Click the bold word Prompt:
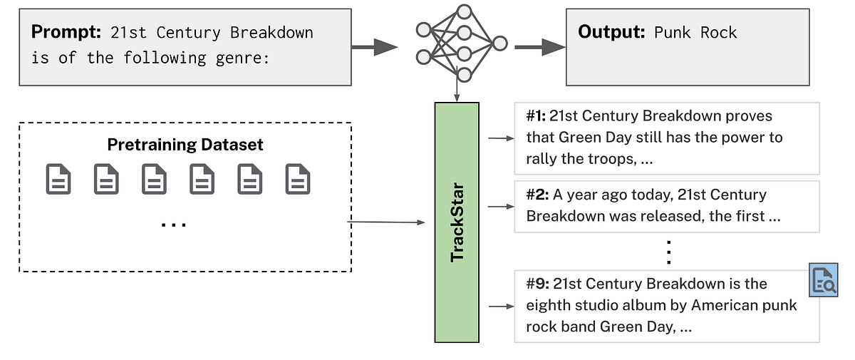point(66,32)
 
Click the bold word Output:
point(611,32)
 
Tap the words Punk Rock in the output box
point(695,33)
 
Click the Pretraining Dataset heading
point(185,145)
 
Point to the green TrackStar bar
point(457,222)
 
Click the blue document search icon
point(824,280)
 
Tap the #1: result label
point(536,115)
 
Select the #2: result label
point(537,195)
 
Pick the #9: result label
point(537,284)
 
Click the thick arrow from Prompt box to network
point(375,47)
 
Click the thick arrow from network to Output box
point(540,47)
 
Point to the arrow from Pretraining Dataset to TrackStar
point(386,222)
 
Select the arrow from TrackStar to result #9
point(502,306)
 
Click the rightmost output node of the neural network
point(500,43)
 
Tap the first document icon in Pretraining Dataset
point(58,179)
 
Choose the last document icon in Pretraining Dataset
point(298,179)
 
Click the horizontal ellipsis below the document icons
point(174,225)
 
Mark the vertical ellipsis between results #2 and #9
point(668,252)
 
